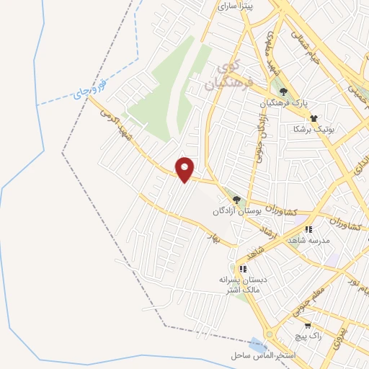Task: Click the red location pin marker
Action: pos(185,169)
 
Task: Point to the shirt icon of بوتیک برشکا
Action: pos(314,116)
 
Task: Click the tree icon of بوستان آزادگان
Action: pos(236,200)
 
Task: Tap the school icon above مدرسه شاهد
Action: pos(308,229)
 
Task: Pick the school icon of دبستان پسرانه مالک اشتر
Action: pos(243,269)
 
